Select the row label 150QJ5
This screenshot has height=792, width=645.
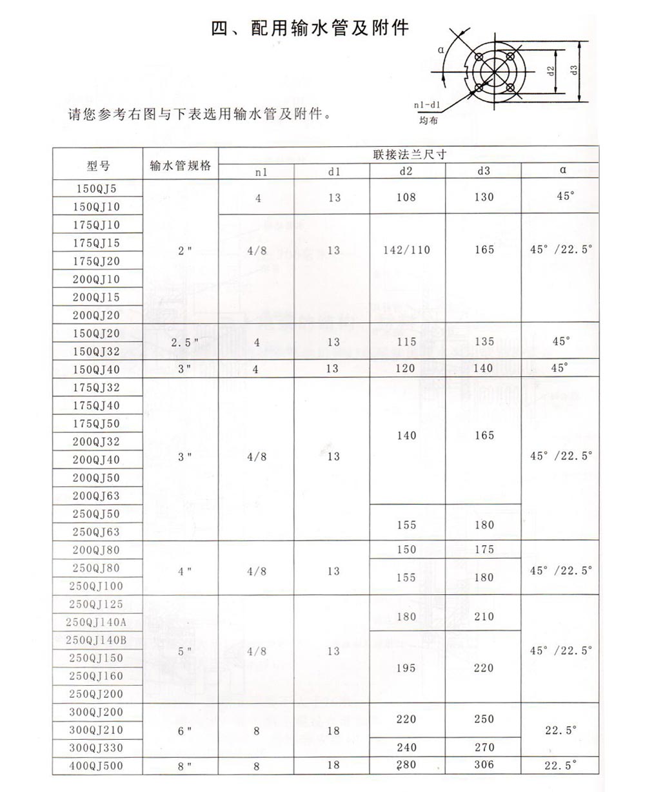tap(97, 189)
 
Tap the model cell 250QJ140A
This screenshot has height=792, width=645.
tap(97, 622)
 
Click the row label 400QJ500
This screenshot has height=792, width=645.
tap(97, 766)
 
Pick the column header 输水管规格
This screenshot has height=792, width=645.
tap(181, 166)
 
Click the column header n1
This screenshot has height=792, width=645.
tap(257, 171)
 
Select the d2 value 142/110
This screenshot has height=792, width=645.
tap(406, 250)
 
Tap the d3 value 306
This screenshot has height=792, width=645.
tap(483, 765)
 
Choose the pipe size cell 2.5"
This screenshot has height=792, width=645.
tap(181, 343)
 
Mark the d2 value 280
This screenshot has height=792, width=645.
tap(406, 765)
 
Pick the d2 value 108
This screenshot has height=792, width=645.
tap(406, 197)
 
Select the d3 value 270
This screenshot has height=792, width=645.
tap(483, 748)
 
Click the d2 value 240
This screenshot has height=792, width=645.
tap(406, 748)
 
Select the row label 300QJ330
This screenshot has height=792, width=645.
tap(97, 748)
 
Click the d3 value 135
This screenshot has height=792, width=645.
tap(483, 342)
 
